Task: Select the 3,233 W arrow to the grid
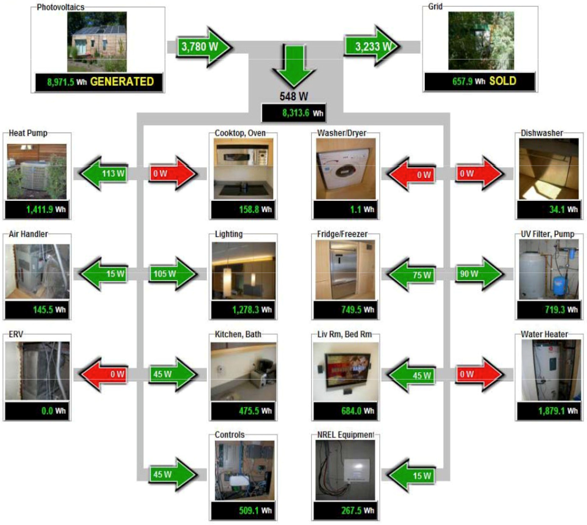point(372,46)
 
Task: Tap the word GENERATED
point(122,82)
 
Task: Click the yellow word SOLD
point(503,81)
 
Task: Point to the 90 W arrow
point(479,274)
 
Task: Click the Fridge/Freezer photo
point(345,270)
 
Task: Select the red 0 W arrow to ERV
point(104,374)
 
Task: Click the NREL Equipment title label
point(345,435)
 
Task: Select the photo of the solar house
point(97,42)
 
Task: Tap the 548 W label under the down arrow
point(294,96)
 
